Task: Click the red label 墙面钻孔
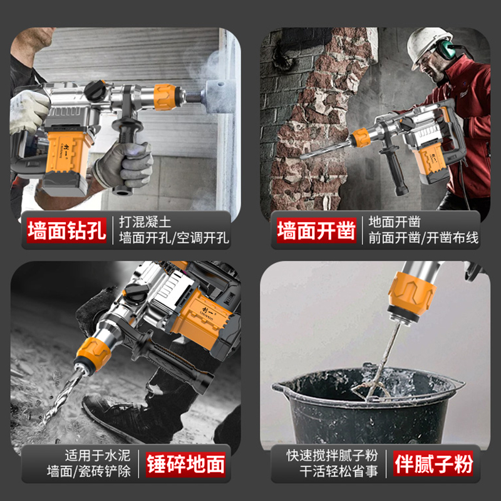coord(67,230)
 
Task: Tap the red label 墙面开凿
coord(317,230)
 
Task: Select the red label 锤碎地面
coord(185,464)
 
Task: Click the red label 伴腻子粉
coord(433,464)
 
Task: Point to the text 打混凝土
coord(145,222)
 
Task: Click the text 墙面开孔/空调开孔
coord(174,239)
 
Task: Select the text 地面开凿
coord(395,222)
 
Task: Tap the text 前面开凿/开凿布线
coord(423,239)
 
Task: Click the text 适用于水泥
coord(98,455)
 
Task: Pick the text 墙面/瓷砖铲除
coord(89,472)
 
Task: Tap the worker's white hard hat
coord(430,46)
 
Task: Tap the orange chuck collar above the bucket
coord(411,294)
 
